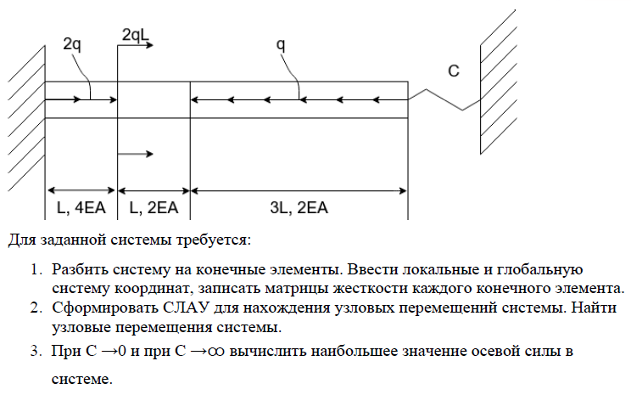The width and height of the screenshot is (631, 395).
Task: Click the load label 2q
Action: click(x=73, y=45)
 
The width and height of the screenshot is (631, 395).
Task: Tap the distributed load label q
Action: click(x=281, y=45)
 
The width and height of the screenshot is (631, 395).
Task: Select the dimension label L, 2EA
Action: click(x=154, y=207)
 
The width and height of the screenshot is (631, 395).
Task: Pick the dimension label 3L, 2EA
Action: click(x=299, y=207)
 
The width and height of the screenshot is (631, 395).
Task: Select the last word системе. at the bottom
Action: click(x=81, y=380)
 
